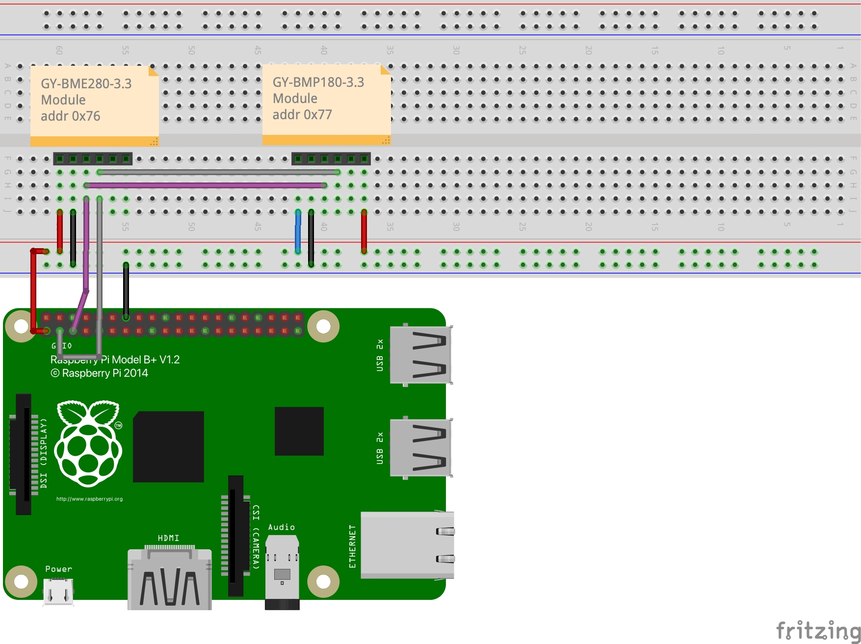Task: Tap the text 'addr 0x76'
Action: click(x=71, y=116)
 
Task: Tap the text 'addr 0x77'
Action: click(x=302, y=115)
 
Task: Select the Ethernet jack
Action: click(x=407, y=544)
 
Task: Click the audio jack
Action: click(x=282, y=571)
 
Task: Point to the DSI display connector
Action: click(x=23, y=454)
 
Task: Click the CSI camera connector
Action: click(x=236, y=535)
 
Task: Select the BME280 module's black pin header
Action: click(x=93, y=159)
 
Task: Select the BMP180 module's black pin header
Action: click(x=331, y=159)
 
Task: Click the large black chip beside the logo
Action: click(x=168, y=446)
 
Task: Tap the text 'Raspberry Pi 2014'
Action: click(x=104, y=373)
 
